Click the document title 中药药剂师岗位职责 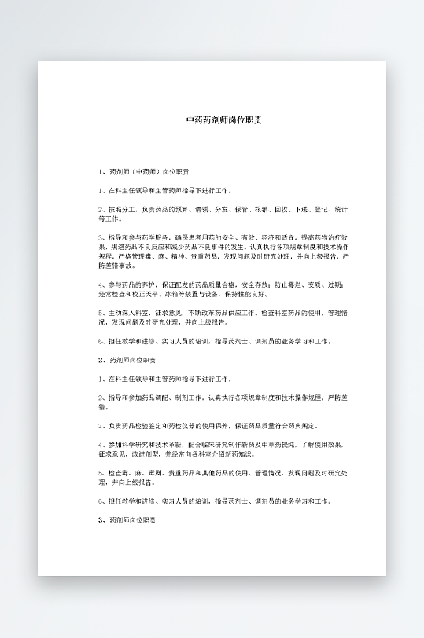[224, 120]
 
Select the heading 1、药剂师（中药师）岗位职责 [143, 171]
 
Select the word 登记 [319, 210]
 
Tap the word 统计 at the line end [341, 210]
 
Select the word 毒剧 [151, 473]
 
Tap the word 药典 [298, 426]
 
